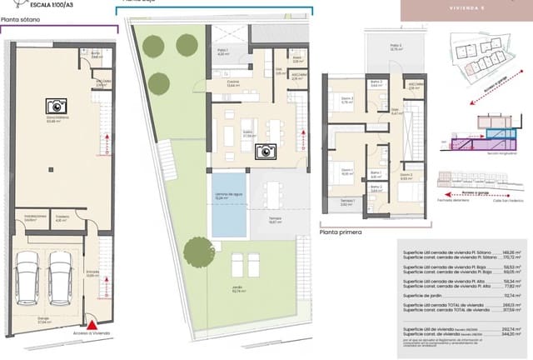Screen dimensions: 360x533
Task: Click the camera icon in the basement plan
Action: point(56,106)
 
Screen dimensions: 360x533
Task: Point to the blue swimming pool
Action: point(227,203)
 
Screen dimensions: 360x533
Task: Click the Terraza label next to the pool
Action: point(273,218)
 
